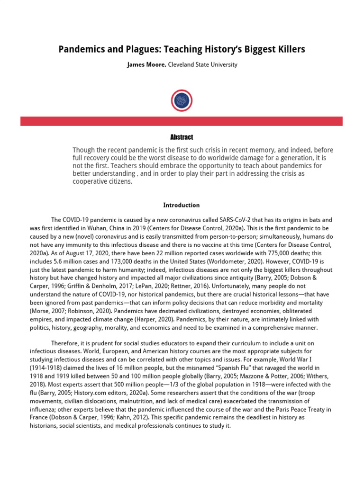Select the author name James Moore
(146, 65)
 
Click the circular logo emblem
(182, 100)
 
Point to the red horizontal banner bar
(182, 121)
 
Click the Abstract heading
(182, 137)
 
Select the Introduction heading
(182, 205)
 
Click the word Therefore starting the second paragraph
(65, 343)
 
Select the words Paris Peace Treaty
(278, 408)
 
